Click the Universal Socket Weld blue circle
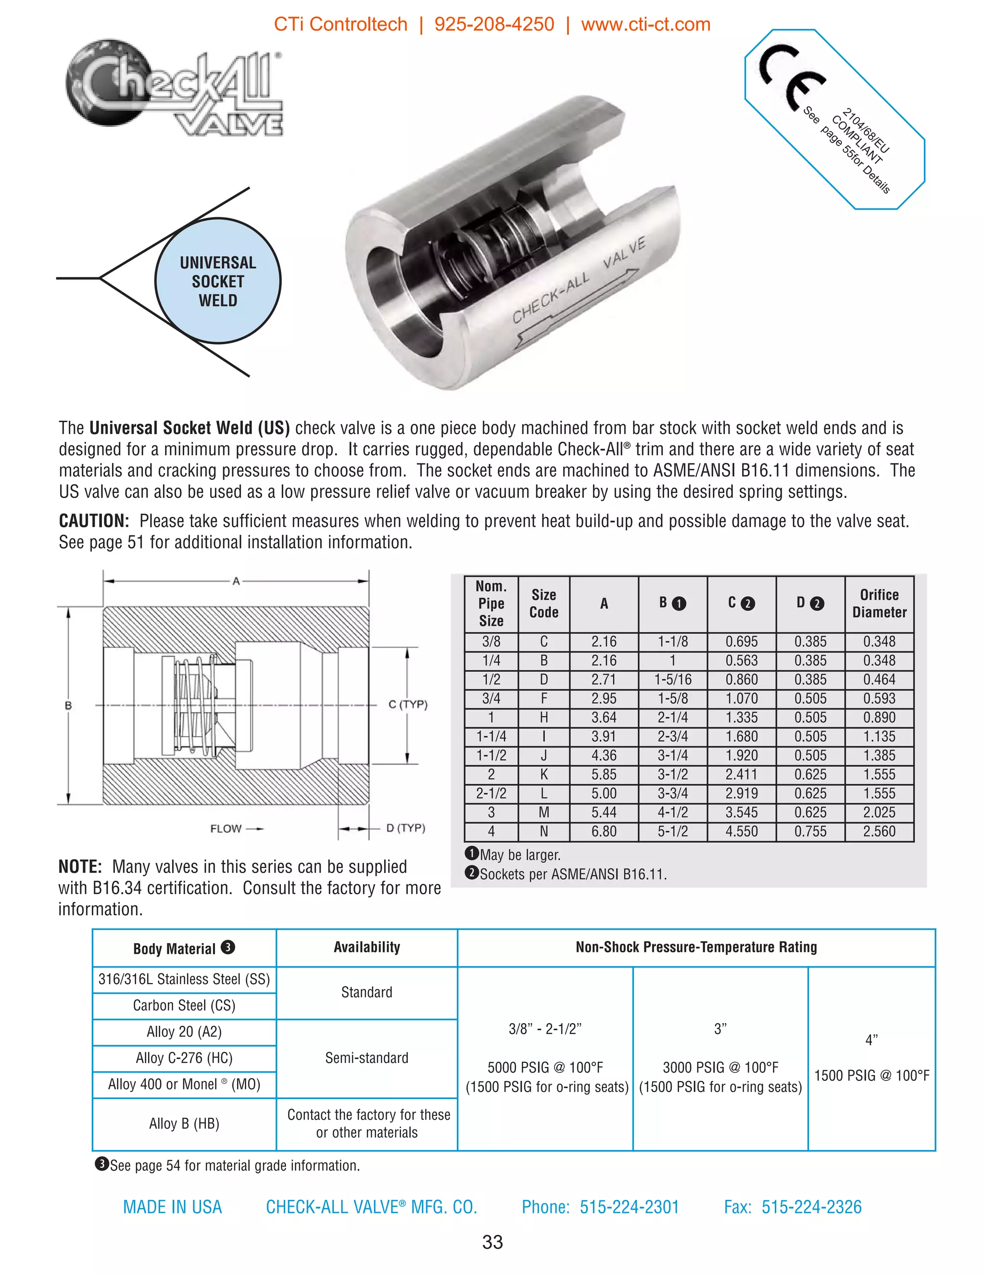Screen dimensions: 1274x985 [x=218, y=281]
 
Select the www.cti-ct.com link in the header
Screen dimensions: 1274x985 [x=645, y=25]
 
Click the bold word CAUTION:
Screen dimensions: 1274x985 [x=94, y=521]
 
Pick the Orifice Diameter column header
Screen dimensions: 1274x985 [x=879, y=603]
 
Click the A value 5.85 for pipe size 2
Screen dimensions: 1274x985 [x=604, y=774]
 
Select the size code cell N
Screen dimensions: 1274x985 [x=544, y=831]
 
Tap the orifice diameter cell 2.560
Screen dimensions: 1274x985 [x=879, y=831]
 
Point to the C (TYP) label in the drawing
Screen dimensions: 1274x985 [x=408, y=704]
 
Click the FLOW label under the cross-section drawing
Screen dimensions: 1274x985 [x=226, y=828]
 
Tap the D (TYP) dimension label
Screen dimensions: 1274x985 [x=405, y=828]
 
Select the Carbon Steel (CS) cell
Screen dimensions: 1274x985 [x=184, y=1005]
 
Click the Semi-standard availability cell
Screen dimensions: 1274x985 [x=366, y=1058]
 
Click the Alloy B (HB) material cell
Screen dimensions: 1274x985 [x=184, y=1124]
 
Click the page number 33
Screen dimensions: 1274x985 [x=492, y=1242]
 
